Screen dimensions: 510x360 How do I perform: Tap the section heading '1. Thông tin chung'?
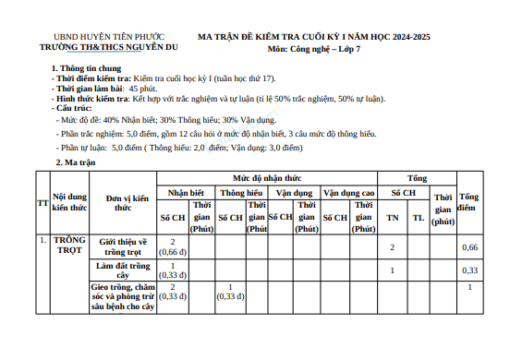coord(89,69)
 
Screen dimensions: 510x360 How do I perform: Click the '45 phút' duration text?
coord(155,90)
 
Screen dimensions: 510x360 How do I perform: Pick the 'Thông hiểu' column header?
coord(244,194)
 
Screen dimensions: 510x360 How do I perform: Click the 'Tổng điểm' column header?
coord(469,202)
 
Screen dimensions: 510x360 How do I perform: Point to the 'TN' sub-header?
coord(393,217)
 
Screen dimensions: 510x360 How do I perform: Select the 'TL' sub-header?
coord(419,217)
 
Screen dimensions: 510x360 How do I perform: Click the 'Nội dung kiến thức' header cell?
coord(69,202)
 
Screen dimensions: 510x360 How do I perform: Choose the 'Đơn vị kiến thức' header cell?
coord(127,202)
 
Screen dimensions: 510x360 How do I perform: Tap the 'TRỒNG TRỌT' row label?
coord(68,246)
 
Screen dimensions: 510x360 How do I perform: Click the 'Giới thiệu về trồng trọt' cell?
coord(127,246)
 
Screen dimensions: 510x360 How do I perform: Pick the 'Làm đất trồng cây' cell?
coord(127,270)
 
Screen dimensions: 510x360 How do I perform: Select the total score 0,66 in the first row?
coord(469,247)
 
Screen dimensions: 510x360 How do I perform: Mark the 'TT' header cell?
coord(42,202)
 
